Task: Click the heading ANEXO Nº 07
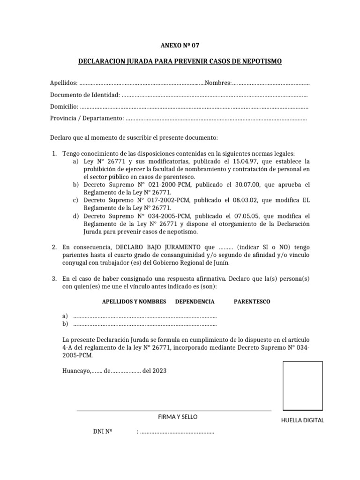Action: pos(180,45)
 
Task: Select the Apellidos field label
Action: pos(64,83)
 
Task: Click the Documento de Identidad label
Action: pos(85,95)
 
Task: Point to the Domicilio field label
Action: pos(64,107)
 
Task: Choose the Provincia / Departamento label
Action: pos(87,119)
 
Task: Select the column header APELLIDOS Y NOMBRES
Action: pos(134,301)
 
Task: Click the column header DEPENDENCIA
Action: pos(195,301)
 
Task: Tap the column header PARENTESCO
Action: pos(252,301)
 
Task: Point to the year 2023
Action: pos(158,370)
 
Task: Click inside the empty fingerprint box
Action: pos(303,386)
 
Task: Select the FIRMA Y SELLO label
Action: pos(178,417)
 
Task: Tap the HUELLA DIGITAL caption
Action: pos(302,420)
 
